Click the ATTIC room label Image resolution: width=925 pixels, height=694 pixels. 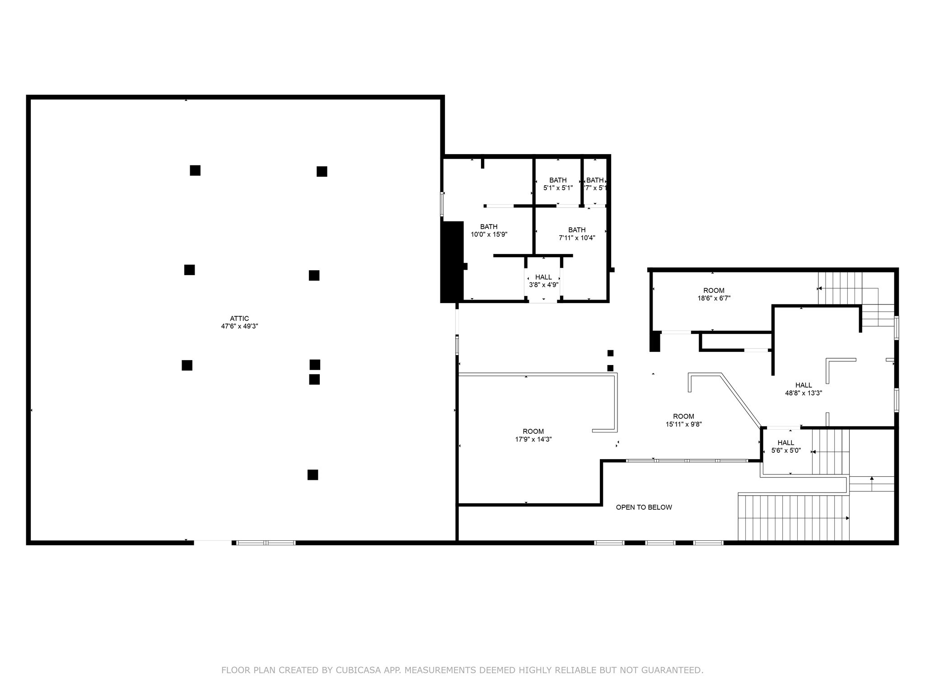[x=239, y=319]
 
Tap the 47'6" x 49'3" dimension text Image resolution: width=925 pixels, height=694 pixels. [x=239, y=326]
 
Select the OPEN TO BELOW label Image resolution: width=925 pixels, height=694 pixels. [x=644, y=507]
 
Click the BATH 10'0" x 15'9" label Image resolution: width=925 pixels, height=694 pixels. [x=489, y=230]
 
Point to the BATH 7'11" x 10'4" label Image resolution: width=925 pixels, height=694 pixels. [x=577, y=234]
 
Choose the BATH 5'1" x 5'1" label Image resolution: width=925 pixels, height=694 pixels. [x=558, y=184]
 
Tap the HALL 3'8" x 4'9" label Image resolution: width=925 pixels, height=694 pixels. [x=543, y=281]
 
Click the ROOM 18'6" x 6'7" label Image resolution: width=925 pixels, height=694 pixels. [x=714, y=294]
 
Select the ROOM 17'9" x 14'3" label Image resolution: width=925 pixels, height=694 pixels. [x=533, y=435]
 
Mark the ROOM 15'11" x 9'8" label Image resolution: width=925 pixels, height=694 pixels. [x=683, y=420]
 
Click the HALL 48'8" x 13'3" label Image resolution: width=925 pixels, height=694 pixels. [x=804, y=389]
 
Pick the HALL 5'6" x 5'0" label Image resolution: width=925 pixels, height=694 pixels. [x=785, y=446]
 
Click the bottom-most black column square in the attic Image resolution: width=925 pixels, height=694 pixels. [x=313, y=475]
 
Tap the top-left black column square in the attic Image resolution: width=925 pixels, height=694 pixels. [x=195, y=170]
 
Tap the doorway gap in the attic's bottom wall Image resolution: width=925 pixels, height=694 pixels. [x=212, y=543]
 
